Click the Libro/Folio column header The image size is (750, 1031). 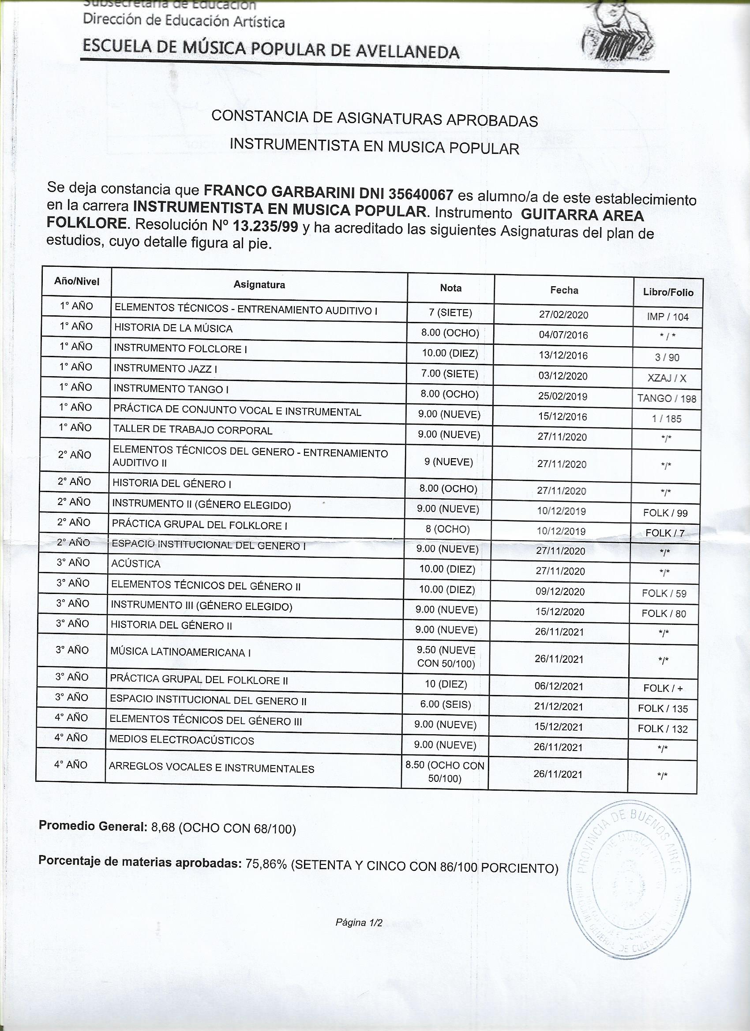(667, 292)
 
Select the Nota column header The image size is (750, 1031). (450, 288)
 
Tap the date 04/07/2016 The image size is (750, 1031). (563, 335)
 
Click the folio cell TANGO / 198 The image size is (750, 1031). (666, 399)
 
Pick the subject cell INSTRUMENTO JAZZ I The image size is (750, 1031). (165, 369)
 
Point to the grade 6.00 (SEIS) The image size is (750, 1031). (445, 704)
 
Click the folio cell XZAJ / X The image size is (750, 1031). (667, 378)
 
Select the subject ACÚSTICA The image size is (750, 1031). (135, 564)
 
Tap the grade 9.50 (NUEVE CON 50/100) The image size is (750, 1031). (446, 657)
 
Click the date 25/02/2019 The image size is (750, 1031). (562, 396)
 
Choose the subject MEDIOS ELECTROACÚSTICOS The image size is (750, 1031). (181, 740)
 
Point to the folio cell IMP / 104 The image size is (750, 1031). (667, 317)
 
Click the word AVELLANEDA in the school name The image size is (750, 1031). (407, 52)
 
